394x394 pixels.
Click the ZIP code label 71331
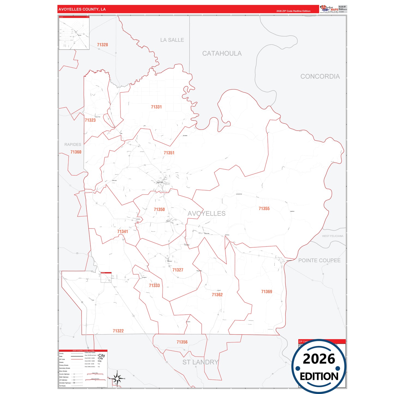pos(156,107)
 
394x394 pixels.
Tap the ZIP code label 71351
pos(169,153)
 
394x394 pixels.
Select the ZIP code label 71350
pos(159,209)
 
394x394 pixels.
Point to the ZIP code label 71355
pos(264,209)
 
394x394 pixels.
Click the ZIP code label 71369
pos(266,292)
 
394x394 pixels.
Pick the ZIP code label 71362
pos(217,295)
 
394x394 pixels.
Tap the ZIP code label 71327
pos(178,270)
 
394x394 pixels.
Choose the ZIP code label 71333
pos(154,285)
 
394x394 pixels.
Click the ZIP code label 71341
pos(122,231)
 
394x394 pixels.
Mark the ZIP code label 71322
pos(118,331)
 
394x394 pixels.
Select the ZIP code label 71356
pos(182,342)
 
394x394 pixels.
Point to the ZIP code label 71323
pos(90,120)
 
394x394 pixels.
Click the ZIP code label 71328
pos(103,45)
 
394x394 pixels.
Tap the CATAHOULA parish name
pos(222,53)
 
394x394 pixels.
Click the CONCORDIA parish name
pos(320,76)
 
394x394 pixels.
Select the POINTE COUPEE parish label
pos(319,260)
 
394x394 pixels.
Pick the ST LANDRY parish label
pos(200,362)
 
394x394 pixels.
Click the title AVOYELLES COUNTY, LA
pos(82,9)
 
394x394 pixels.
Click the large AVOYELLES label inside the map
pos(206,213)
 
